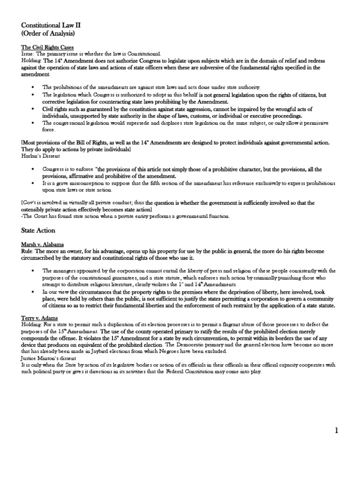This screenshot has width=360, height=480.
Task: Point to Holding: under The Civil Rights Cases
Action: tap(31, 61)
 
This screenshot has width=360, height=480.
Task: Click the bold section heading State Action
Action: tap(38, 230)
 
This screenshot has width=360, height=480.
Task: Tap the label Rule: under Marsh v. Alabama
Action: tap(28, 251)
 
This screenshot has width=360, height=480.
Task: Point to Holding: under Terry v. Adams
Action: tap(31, 324)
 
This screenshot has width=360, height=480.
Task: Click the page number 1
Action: tap(336, 431)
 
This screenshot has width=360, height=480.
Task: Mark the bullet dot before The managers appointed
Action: tap(32, 271)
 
